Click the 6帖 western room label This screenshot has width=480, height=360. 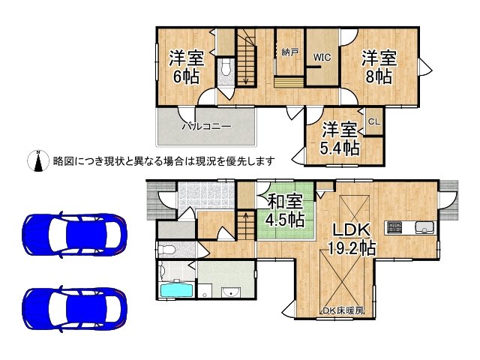(x=186, y=67)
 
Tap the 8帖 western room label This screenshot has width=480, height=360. (x=379, y=67)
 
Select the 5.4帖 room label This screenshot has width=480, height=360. (x=340, y=139)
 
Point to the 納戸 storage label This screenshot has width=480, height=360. (x=289, y=53)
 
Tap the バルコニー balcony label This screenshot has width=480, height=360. (x=206, y=127)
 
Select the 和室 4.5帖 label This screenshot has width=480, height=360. (x=286, y=210)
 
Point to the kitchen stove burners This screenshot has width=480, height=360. (x=394, y=226)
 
